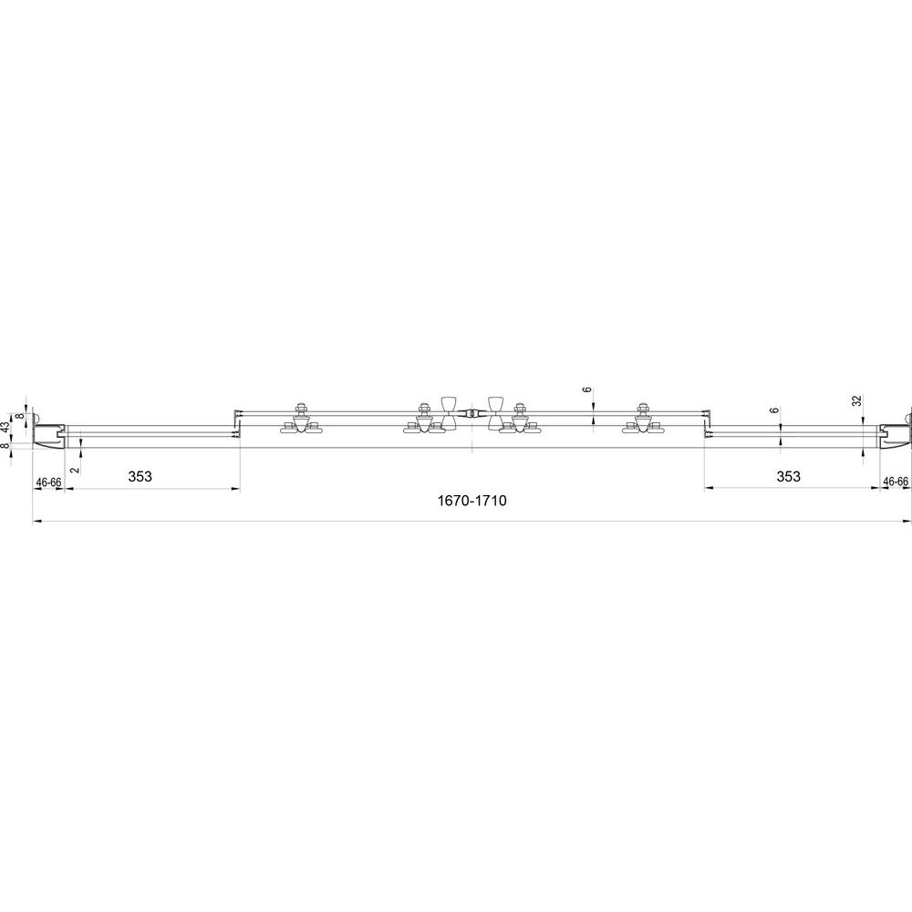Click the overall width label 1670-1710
pyautogui.click(x=472, y=500)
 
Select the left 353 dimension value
pyautogui.click(x=140, y=476)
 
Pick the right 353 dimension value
pyautogui.click(x=788, y=476)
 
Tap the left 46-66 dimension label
pyautogui.click(x=49, y=482)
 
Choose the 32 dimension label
pyautogui.click(x=856, y=400)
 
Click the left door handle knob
pyautogui.click(x=449, y=414)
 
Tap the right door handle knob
pyautogui.click(x=495, y=414)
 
